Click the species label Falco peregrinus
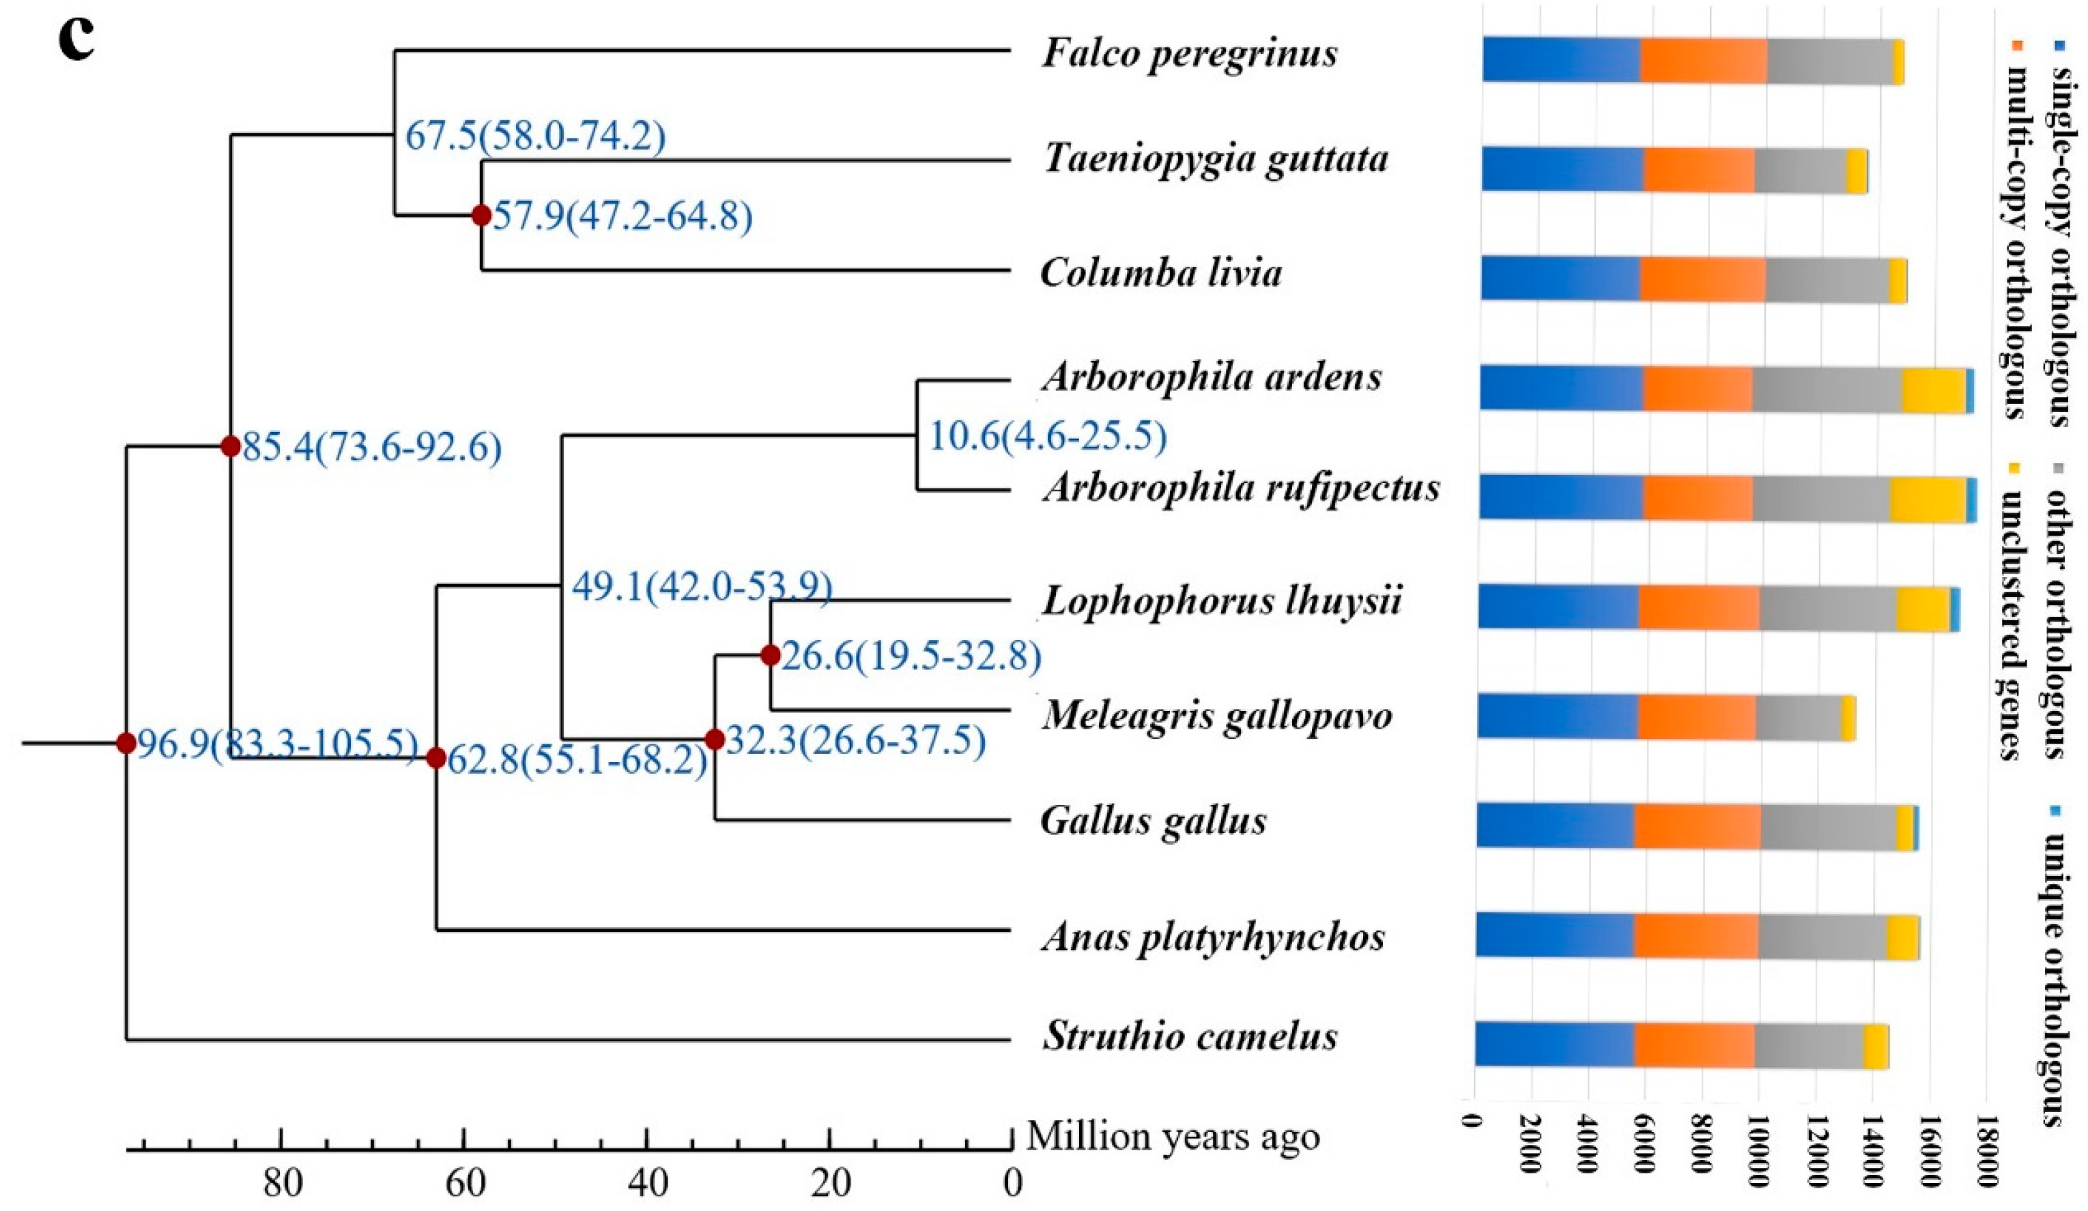(1189, 55)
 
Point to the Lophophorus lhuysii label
(1221, 601)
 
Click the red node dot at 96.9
(126, 743)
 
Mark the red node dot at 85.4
(230, 446)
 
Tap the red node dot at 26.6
(770, 655)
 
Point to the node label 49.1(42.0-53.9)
(701, 588)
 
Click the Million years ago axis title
(1173, 1137)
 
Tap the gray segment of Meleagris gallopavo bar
(1798, 717)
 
